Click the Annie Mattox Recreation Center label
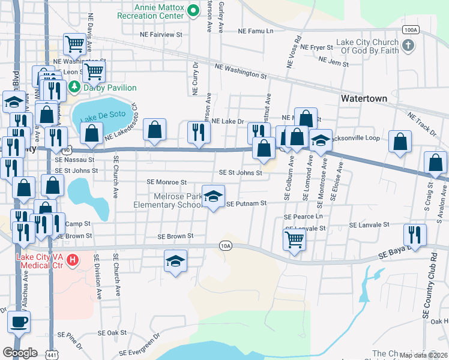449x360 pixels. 160,10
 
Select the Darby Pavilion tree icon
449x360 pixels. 74,86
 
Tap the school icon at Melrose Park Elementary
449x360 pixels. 213,196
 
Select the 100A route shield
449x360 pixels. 411,29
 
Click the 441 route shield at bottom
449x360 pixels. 52,353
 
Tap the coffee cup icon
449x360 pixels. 19,321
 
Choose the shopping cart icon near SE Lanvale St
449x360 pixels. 294,238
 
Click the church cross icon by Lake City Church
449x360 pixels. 408,46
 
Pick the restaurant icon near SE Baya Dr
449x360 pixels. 415,234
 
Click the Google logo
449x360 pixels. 20,353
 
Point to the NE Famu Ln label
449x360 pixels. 256,31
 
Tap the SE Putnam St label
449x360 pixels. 247,204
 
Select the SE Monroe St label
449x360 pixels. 167,182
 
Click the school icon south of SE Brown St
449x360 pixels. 175,261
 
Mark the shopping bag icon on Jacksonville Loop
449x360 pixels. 400,141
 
